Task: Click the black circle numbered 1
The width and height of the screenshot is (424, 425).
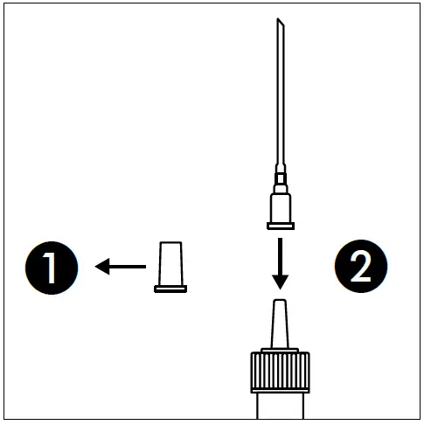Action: (50, 267)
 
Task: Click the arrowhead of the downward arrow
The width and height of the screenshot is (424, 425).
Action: (280, 281)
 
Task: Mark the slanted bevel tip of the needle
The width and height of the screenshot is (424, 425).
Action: (280, 27)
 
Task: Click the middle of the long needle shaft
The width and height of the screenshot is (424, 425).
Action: (281, 96)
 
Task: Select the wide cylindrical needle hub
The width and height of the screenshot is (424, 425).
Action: (280, 208)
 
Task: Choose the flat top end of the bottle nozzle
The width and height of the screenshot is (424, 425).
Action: (280, 301)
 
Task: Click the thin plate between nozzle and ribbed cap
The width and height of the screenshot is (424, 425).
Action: (280, 349)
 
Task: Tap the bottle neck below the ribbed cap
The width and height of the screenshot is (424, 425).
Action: (280, 408)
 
